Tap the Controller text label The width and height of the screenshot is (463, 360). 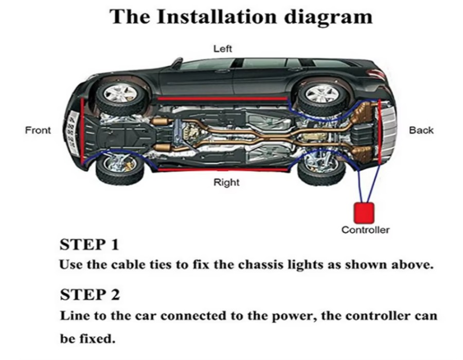pos(365,230)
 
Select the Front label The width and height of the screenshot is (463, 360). pos(38,130)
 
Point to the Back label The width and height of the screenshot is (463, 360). pos(421,130)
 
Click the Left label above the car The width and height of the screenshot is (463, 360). pos(223,49)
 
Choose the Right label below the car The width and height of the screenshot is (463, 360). pos(226,182)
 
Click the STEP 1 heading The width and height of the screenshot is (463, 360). pos(90,244)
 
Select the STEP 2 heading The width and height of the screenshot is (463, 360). pos(90,295)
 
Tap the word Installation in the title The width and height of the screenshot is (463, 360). pos(215,16)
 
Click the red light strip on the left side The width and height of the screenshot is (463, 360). pos(221,98)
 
